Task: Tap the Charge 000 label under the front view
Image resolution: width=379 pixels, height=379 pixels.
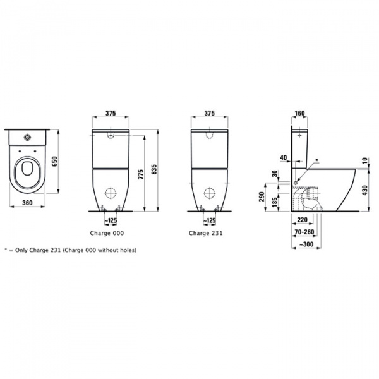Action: [x=111, y=232]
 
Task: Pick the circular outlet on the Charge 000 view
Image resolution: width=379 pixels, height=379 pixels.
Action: [x=111, y=194]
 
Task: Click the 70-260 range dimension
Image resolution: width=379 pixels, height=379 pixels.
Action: [x=304, y=232]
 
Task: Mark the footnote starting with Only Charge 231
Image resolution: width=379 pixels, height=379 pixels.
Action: [x=70, y=250]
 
